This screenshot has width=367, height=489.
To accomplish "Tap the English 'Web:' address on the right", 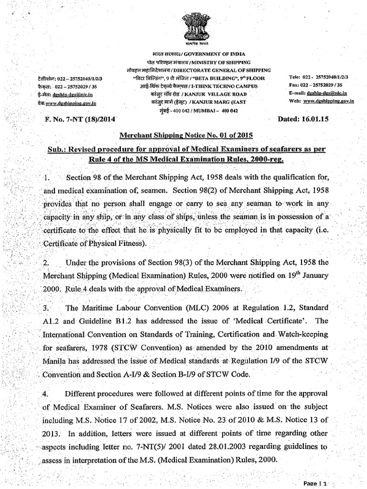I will click(x=321, y=101).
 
